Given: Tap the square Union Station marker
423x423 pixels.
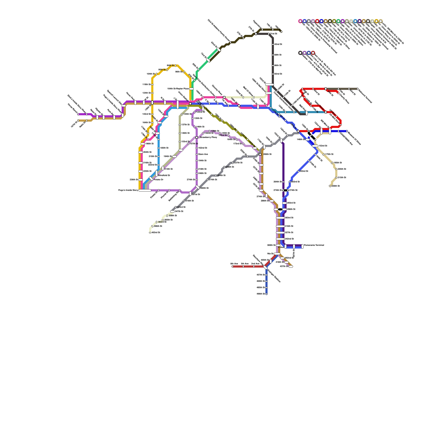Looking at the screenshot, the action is [x=190, y=104].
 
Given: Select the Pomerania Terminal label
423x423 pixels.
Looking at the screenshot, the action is [x=314, y=245].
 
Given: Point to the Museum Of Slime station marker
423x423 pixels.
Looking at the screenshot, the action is [x=347, y=131].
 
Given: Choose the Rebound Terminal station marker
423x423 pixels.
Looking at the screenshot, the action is [x=357, y=89].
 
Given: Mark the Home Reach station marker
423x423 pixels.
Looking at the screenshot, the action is [x=78, y=114].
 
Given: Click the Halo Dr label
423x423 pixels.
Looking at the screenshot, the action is [x=82, y=125].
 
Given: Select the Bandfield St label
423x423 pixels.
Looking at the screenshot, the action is [x=164, y=175].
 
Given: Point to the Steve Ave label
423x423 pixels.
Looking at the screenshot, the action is [x=203, y=154].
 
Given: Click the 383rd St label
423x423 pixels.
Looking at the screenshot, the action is [x=162, y=222].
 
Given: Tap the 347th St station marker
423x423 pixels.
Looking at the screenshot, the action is [x=172, y=212].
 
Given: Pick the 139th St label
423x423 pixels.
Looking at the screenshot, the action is [x=215, y=131].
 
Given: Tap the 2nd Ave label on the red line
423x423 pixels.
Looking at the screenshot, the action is [x=255, y=264].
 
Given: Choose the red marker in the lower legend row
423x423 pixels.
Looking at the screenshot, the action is [x=313, y=53].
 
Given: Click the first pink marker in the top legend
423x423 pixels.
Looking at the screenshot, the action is [x=300, y=21].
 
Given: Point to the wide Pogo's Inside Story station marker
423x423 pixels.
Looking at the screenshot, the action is [x=145, y=190].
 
